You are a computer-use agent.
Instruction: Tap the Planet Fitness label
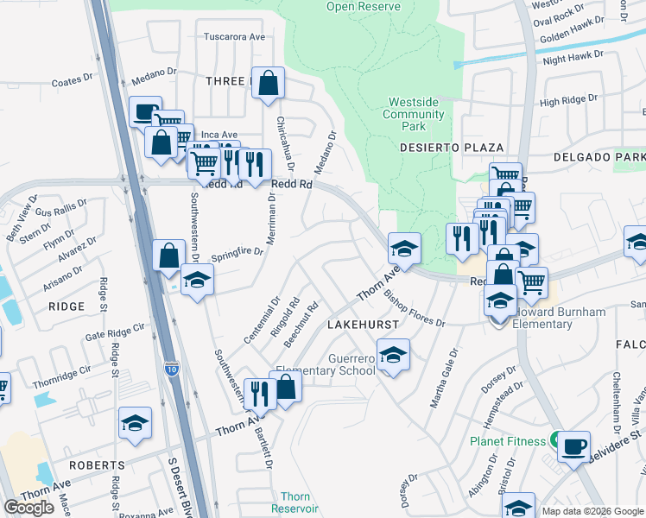point(508,441)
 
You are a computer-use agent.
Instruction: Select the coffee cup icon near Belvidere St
point(573,447)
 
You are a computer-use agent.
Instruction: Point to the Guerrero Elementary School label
point(351,364)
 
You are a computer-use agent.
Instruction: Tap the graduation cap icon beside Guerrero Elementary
point(393,355)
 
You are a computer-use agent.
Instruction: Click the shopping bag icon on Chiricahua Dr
point(269,84)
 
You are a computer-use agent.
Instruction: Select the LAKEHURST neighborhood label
point(362,324)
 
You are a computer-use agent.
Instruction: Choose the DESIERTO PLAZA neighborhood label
point(439,148)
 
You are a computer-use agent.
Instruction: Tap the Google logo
point(29,508)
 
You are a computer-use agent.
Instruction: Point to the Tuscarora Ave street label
point(233,37)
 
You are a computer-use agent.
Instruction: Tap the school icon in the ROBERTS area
point(135,423)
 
